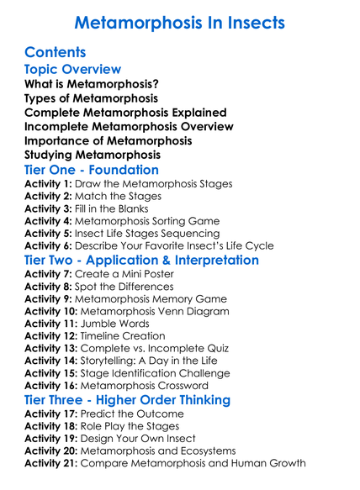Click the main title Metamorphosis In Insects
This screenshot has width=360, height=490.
(180, 21)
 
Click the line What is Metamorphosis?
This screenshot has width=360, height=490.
(93, 84)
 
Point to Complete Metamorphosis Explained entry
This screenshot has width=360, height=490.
(125, 113)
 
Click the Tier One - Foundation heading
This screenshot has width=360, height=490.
(92, 171)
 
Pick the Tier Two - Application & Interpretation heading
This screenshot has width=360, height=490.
(142, 261)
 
